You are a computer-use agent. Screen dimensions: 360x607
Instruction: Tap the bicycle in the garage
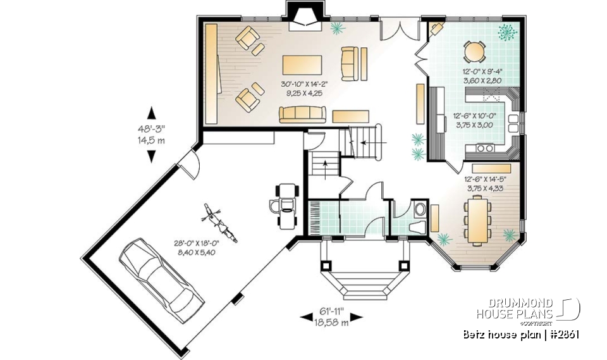218,223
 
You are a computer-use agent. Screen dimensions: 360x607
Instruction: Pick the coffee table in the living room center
302,65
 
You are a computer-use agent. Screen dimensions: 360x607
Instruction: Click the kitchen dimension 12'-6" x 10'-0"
474,120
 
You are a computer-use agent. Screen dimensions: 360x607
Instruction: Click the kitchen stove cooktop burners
486,148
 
